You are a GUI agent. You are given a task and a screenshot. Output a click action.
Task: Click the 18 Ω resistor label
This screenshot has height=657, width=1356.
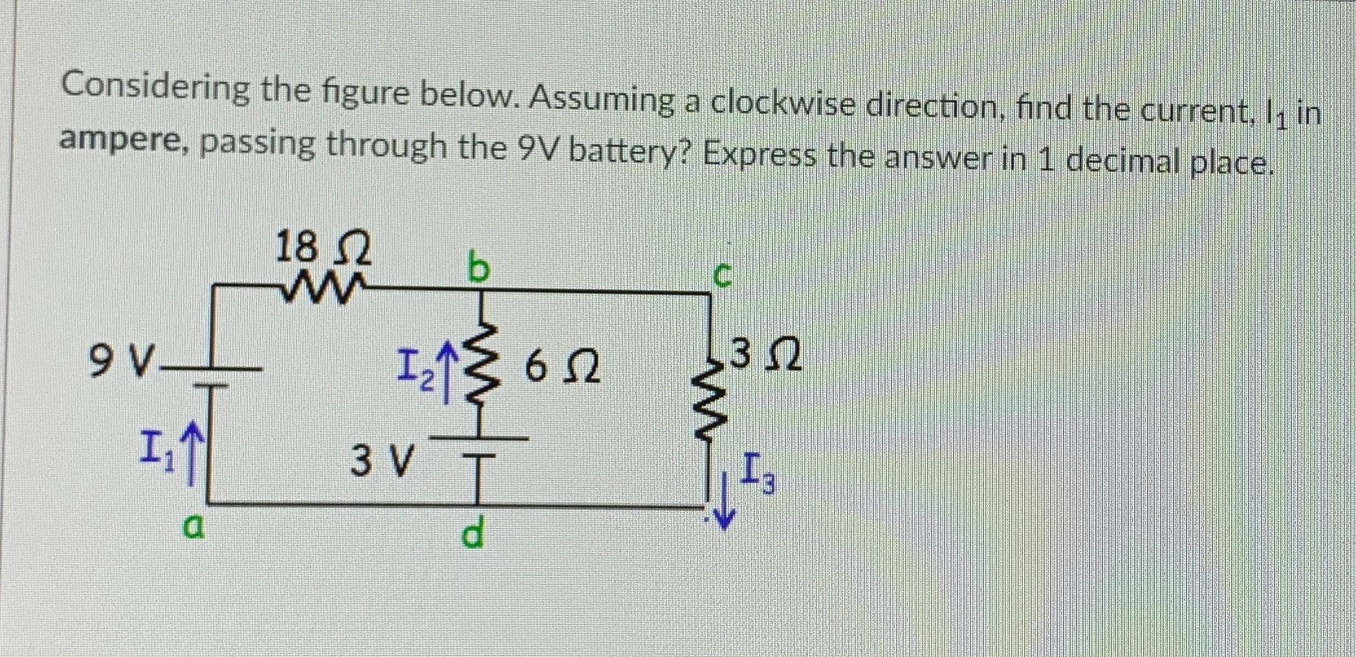click(322, 248)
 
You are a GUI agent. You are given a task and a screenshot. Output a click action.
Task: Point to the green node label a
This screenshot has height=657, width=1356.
click(193, 527)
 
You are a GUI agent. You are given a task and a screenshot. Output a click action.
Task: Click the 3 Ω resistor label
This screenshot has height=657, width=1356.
click(767, 356)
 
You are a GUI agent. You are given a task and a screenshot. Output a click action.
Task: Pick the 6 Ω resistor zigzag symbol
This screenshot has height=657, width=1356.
click(481, 365)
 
